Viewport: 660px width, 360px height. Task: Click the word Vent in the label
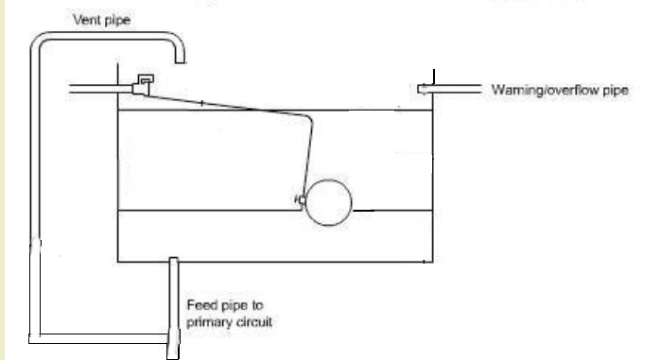[x=86, y=19]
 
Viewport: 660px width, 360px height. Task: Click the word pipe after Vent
[x=116, y=21]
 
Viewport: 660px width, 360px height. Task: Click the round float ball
[x=328, y=203]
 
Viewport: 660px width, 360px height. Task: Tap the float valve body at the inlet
[x=143, y=85]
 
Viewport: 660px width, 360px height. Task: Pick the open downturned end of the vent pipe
[x=180, y=60]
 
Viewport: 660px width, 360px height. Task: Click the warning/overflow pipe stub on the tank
[x=449, y=89]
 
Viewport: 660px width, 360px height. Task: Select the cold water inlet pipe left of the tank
[x=100, y=89]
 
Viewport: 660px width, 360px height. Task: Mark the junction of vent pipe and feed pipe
[x=173, y=338]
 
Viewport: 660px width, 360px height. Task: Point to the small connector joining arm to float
[x=302, y=199]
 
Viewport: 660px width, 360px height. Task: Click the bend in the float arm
[x=309, y=118]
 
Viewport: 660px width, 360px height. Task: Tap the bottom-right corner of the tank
[x=433, y=262]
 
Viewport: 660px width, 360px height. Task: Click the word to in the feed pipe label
[x=257, y=305]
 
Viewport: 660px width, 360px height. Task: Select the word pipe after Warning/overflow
[x=616, y=91]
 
